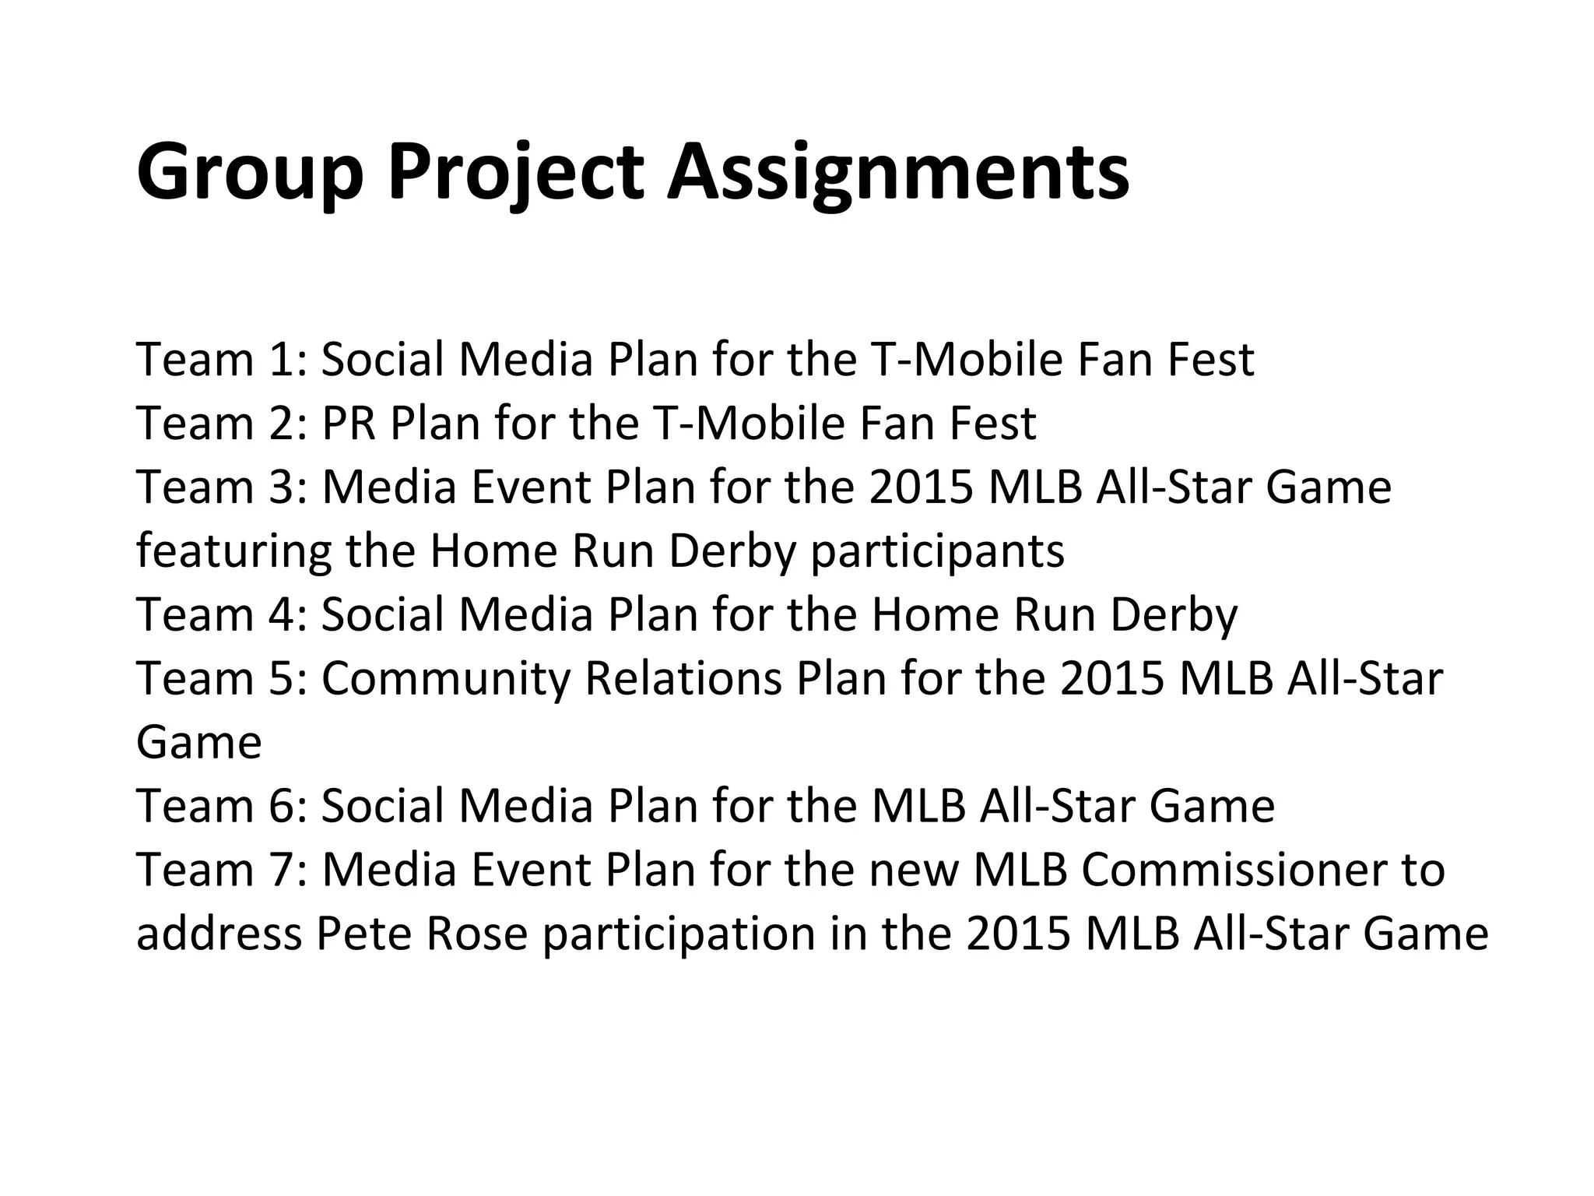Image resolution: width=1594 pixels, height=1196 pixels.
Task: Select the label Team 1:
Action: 222,360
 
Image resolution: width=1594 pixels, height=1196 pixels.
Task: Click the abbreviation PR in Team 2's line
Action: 349,424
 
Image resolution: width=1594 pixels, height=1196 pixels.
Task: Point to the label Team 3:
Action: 222,487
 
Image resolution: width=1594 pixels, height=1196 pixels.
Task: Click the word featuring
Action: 233,551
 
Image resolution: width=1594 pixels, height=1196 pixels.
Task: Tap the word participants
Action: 937,551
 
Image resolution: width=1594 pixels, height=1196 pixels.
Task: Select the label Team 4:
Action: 222,615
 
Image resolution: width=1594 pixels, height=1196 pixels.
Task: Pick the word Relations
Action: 683,679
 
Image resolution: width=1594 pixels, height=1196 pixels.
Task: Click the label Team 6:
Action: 222,807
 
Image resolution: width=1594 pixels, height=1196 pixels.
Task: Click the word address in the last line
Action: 219,934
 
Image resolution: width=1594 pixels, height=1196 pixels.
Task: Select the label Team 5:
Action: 222,679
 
